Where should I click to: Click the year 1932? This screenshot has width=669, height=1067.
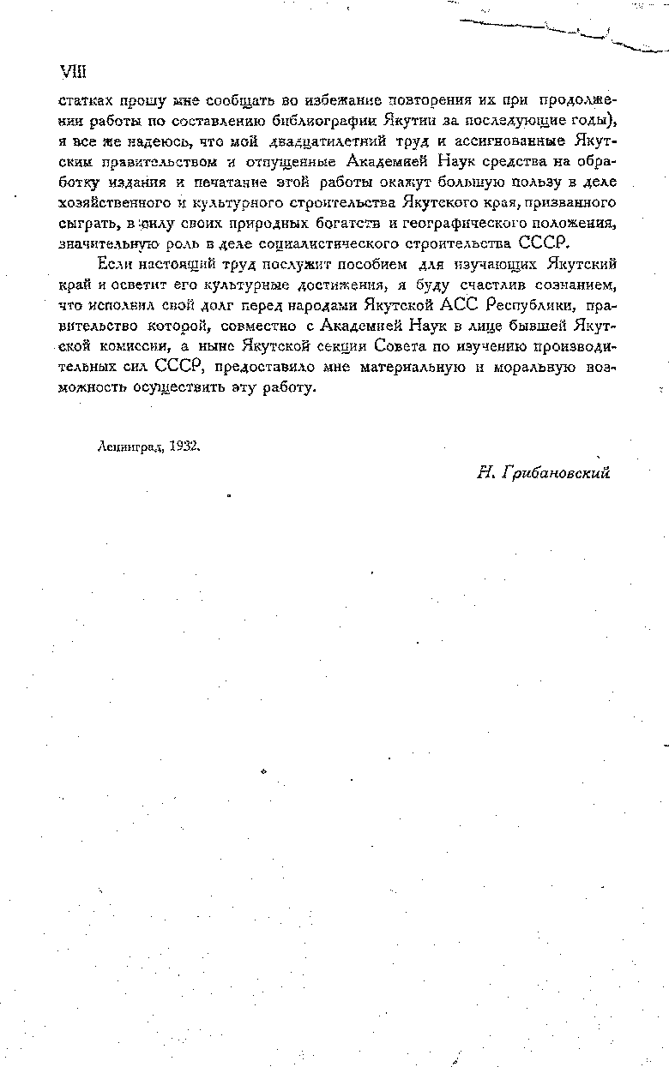[x=184, y=446]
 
